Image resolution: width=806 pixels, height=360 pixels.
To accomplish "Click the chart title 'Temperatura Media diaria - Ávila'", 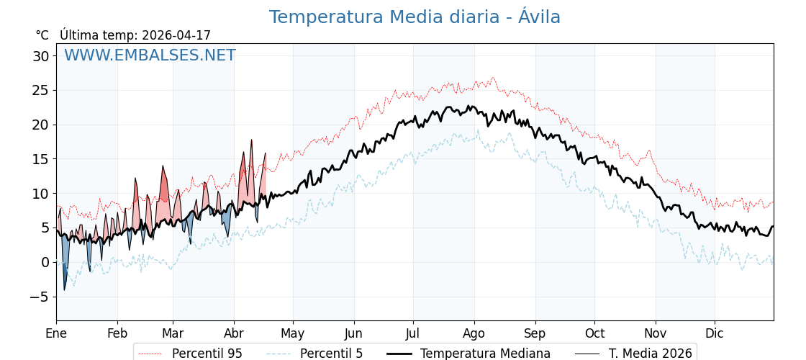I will coord(415,17).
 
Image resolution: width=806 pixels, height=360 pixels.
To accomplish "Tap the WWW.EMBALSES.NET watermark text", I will coord(150,55).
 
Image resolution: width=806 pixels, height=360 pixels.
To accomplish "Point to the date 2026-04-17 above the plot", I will coord(176,35).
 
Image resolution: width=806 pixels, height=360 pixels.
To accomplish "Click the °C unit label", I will coord(42,35).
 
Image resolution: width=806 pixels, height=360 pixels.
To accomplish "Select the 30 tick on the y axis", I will coord(40,56).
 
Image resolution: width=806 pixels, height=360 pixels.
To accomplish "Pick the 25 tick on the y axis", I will coord(40,91).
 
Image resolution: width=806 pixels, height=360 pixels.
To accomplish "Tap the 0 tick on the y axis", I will coord(45,262).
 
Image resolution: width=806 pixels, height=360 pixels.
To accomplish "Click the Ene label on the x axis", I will coord(56,333).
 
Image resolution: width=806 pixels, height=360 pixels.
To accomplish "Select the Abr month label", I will coord(234,333).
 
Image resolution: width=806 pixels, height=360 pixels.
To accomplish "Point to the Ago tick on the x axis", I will coord(474,333).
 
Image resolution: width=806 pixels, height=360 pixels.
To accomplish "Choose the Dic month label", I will coord(714,333).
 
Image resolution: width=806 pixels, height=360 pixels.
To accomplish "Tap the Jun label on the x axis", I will coord(353,333).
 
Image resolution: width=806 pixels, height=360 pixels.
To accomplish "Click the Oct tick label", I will coord(594,333).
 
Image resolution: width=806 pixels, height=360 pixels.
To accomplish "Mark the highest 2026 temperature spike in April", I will coord(251,140).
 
